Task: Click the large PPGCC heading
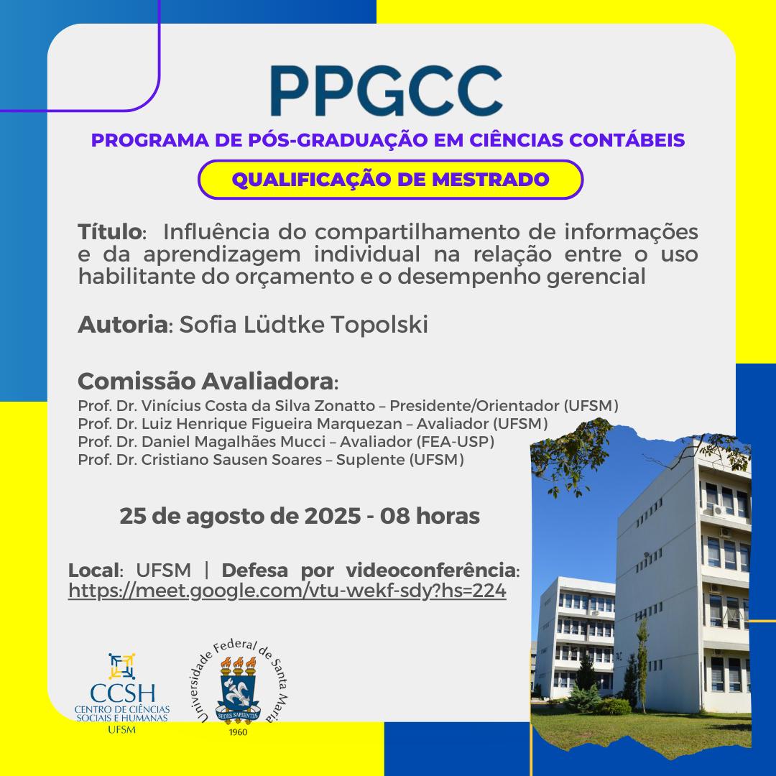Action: click(387, 91)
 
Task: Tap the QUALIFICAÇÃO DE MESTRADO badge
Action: click(390, 179)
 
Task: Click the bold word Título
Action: click(110, 231)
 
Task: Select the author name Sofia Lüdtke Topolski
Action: click(303, 325)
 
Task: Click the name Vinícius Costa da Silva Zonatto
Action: click(258, 406)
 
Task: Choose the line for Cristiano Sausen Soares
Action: click(271, 460)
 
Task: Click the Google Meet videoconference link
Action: click(287, 591)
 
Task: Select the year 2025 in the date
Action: click(332, 516)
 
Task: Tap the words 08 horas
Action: click(430, 516)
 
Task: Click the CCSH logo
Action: click(121, 693)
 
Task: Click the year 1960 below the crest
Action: click(238, 732)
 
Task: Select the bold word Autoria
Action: click(123, 325)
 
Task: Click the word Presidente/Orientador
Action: click(475, 406)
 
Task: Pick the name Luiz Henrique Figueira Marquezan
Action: click(272, 424)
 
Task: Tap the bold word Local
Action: click(94, 570)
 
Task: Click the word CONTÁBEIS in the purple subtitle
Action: click(627, 140)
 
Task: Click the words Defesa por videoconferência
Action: click(369, 570)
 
